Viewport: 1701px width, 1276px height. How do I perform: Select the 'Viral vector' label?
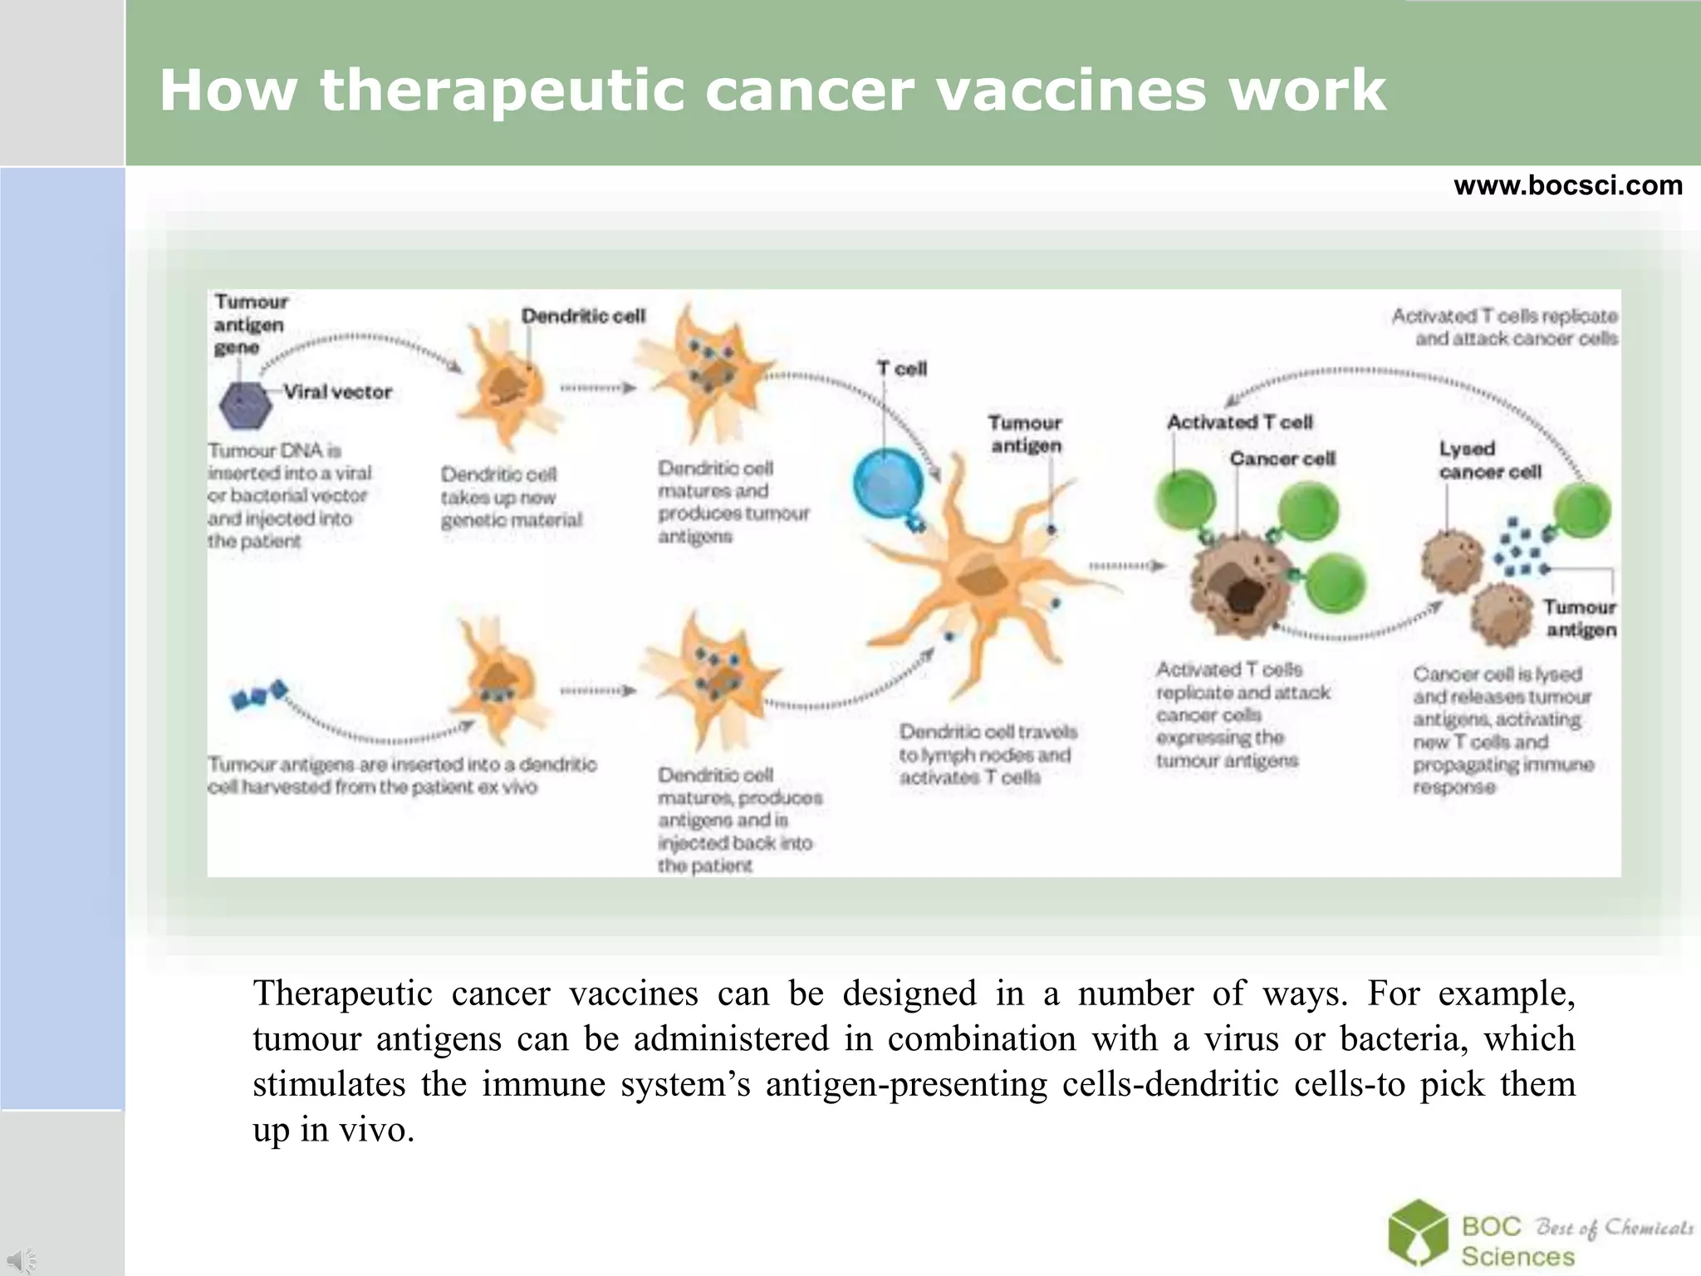point(337,391)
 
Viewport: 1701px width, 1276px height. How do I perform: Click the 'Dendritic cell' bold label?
point(583,316)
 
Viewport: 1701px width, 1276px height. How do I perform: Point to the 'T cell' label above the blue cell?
point(902,369)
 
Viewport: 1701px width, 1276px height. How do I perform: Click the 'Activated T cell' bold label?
point(1239,422)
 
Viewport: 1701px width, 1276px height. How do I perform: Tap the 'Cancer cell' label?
point(1282,459)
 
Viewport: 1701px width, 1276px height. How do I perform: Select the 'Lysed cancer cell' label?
point(1489,460)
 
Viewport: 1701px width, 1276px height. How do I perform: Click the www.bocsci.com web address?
point(1567,185)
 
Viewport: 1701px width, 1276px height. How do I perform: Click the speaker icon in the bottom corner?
point(22,1259)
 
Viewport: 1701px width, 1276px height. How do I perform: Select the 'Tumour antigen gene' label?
point(250,324)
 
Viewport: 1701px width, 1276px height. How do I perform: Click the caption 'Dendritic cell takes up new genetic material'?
point(511,497)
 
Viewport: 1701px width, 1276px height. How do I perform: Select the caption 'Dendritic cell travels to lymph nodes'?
point(987,754)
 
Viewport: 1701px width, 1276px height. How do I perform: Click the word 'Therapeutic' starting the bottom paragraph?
point(343,994)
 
